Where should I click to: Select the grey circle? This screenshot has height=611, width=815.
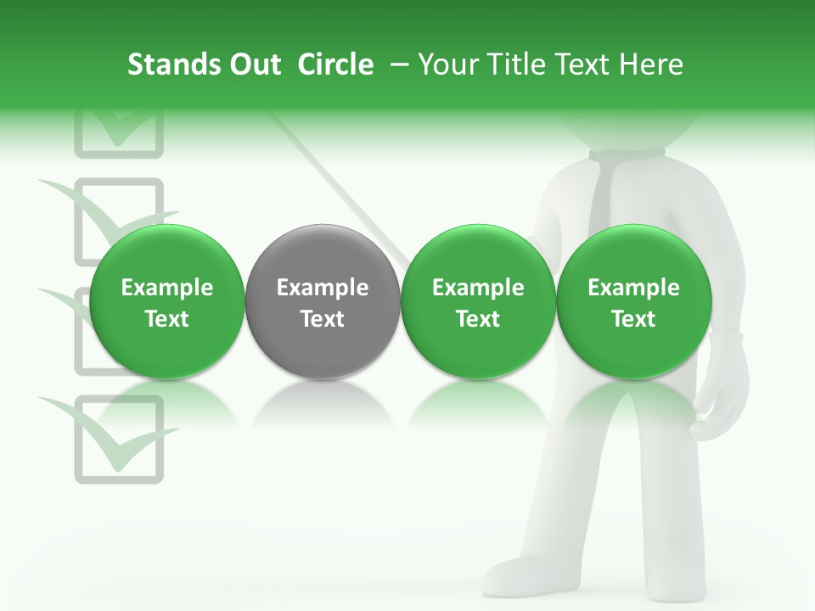pos(323,302)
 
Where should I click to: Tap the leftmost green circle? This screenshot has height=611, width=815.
pos(167,302)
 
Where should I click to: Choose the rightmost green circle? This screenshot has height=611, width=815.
pos(633,302)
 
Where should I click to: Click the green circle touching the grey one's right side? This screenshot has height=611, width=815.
pos(478,302)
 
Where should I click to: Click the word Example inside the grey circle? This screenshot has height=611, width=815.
pos(323,288)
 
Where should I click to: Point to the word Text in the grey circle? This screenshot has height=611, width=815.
pos(323,319)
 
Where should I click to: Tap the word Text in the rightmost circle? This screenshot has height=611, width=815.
pos(633,319)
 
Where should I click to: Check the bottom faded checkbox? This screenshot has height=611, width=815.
pos(119,439)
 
